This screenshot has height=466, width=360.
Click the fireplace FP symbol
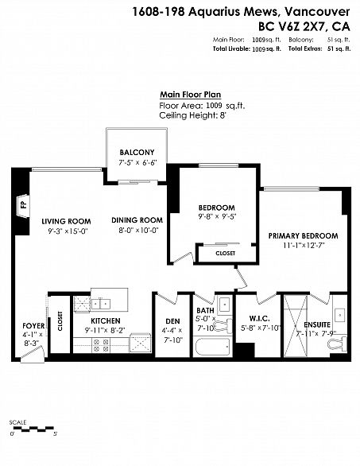pos(23,205)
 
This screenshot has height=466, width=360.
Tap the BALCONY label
pos(137,153)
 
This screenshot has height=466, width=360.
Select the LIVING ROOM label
pos(66,221)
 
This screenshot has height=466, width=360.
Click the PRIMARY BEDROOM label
pos(304,236)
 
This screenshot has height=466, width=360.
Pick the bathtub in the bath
pos(213,347)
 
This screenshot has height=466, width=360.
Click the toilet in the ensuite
pos(338,344)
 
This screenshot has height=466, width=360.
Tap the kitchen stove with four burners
pos(101,345)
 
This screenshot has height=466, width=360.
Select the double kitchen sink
pos(101,305)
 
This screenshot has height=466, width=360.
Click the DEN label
pos(172,321)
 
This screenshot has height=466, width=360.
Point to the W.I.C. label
pos(259,319)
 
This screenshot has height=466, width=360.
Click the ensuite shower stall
pos(296,325)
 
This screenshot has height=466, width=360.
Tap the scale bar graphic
pos(34,429)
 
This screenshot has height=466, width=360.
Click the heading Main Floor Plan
pos(191,95)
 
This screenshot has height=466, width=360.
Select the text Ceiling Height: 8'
pos(193,115)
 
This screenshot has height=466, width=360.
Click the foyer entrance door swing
pos(33,355)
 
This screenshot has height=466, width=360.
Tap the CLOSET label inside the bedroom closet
pos(226,254)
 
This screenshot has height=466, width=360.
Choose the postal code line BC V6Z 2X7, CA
pos(304,27)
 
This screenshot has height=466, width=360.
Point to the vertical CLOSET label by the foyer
pos(60,321)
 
